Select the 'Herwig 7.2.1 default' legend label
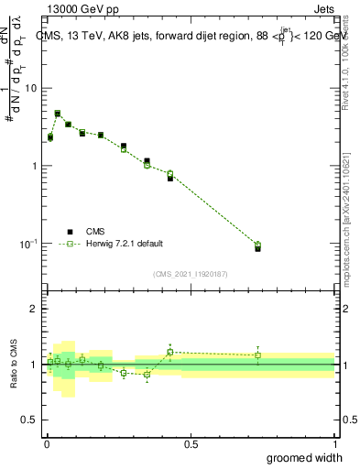[125, 244]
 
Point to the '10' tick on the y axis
[31, 88]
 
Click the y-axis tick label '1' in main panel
[35, 166]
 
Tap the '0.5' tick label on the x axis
[191, 443]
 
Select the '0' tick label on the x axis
[47, 443]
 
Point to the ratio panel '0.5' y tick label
[29, 420]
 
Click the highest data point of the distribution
[57, 114]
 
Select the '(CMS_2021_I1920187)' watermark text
[191, 274]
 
